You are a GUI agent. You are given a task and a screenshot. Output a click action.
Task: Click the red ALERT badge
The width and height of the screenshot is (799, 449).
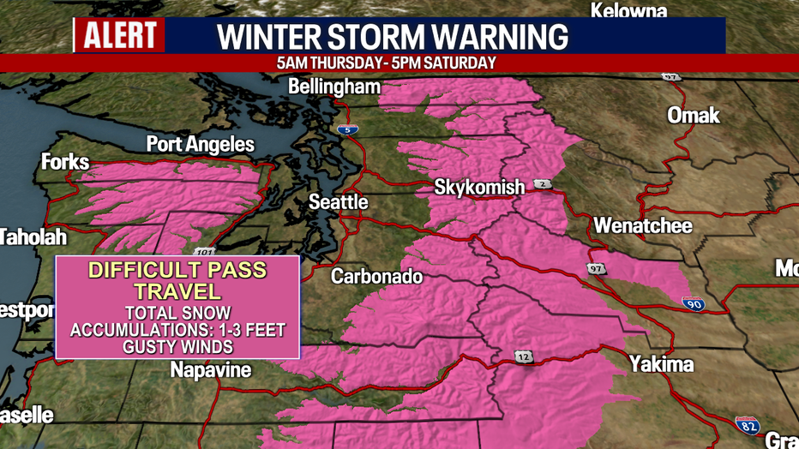coord(120,36)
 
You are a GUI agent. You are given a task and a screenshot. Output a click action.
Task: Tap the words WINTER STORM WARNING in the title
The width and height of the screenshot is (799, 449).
coord(393,37)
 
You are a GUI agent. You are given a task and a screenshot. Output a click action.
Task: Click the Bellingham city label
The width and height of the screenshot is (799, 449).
coord(334,87)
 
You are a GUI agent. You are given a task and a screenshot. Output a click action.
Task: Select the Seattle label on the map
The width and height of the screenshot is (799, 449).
coord(339,202)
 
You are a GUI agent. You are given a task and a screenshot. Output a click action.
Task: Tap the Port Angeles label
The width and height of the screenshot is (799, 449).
coord(200,144)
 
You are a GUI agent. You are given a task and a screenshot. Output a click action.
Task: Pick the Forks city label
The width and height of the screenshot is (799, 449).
coord(65,161)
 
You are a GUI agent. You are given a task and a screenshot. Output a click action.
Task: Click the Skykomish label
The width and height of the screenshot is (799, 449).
coord(474,186)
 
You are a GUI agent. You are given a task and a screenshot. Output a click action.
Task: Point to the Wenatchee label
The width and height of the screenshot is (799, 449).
coord(642,227)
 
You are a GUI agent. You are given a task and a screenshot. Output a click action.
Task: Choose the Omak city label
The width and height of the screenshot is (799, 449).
coord(694,116)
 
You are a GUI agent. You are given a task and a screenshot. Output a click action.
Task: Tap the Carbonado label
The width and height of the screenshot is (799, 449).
coord(376,276)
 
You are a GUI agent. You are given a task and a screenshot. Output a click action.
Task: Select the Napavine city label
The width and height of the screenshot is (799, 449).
coord(210,370)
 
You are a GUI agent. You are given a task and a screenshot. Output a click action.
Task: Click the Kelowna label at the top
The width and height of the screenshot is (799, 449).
coord(628,11)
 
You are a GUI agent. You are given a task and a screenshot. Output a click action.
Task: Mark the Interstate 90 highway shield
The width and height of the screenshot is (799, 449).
coord(694,302)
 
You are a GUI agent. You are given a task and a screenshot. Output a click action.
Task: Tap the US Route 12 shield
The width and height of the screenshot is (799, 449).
coord(523,356)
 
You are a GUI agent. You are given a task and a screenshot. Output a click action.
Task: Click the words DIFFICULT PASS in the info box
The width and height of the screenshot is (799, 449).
coord(177,271)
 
